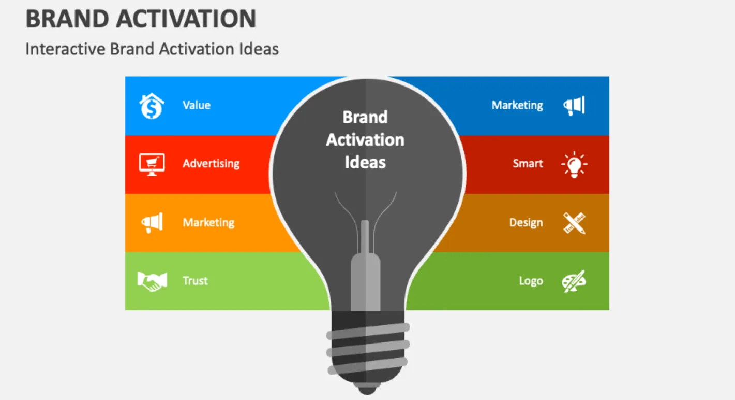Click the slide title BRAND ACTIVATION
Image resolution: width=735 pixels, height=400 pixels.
tap(141, 19)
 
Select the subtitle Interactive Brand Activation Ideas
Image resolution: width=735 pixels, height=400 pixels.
tap(152, 49)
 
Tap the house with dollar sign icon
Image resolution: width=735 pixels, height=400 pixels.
tap(152, 106)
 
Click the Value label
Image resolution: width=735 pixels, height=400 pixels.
tap(197, 105)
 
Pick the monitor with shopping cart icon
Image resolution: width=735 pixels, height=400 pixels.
tap(152, 164)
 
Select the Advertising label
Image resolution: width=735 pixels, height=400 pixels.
tap(211, 164)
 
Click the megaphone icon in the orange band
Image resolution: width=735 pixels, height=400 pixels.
tap(152, 222)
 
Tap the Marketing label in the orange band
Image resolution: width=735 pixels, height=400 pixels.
tap(208, 222)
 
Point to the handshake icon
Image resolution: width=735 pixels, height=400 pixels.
tap(152, 281)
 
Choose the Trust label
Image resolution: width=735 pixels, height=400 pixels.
tap(195, 281)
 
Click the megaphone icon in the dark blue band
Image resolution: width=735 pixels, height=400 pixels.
tap(574, 106)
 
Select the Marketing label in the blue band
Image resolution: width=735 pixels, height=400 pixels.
tap(517, 105)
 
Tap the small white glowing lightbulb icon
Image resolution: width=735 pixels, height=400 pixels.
tap(574, 164)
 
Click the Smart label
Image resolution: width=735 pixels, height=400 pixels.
tap(528, 163)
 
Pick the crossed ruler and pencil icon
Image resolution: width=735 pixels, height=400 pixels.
tap(574, 223)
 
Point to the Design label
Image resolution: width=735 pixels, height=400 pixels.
tap(526, 222)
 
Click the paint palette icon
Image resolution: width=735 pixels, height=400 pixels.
tap(574, 281)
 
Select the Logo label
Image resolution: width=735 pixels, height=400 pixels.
tap(531, 281)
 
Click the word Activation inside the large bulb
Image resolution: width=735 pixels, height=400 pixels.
tap(365, 140)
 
